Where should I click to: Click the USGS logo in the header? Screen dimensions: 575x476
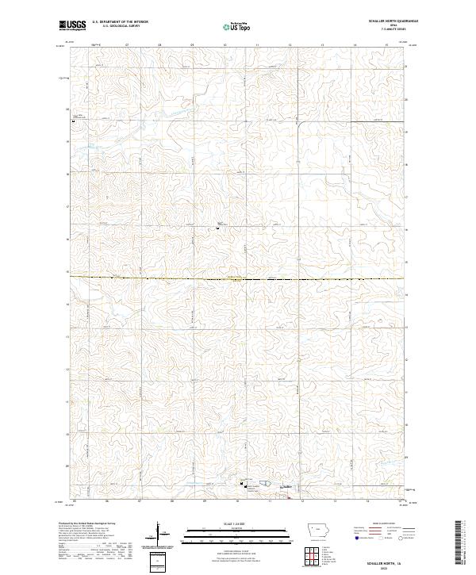pyautogui.click(x=73, y=25)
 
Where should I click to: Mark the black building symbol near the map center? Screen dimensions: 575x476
pyautogui.click(x=218, y=229)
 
